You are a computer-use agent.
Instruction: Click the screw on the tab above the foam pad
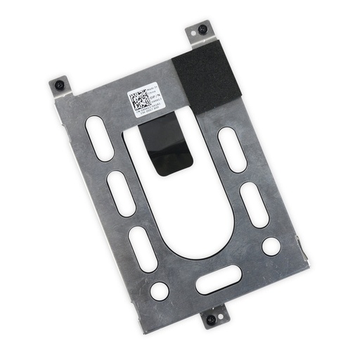click(202, 30)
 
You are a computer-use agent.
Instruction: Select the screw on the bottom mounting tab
click(210, 320)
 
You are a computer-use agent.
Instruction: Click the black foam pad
click(207, 75)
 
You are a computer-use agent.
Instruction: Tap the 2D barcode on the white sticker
click(140, 99)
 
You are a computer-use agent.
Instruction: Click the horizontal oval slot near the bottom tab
click(216, 283)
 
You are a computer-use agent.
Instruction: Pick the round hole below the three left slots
click(160, 289)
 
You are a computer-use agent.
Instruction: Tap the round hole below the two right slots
click(271, 245)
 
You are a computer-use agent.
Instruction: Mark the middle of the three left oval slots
click(120, 193)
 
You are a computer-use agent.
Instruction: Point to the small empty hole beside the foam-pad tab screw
click(191, 34)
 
